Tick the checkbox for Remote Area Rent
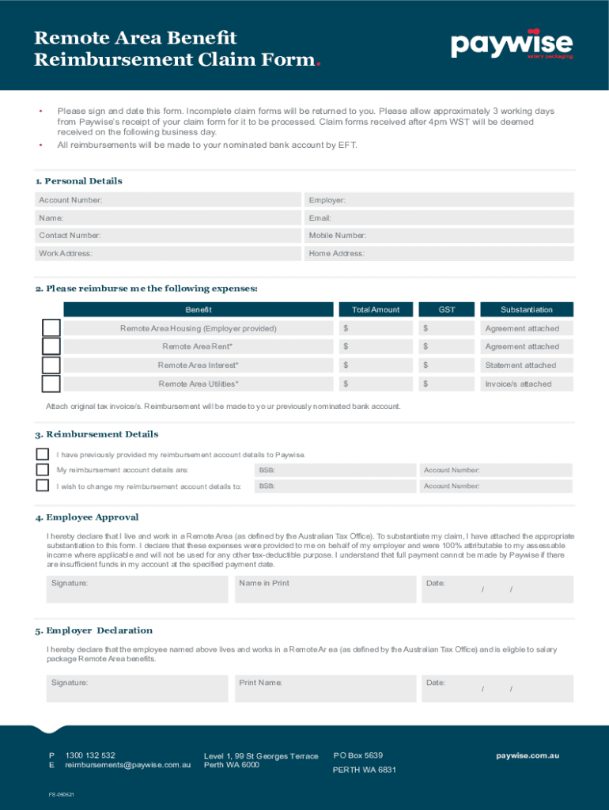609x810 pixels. click(51, 346)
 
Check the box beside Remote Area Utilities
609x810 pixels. click(51, 384)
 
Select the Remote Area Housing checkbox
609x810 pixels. click(51, 327)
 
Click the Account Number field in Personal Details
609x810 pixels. click(168, 201)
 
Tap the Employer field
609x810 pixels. click(438, 201)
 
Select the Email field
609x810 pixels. click(438, 218)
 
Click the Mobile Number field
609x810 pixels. click(438, 236)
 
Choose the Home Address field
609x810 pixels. click(438, 254)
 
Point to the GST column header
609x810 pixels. click(447, 309)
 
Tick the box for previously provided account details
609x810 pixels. click(43, 455)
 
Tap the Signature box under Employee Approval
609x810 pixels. click(138, 589)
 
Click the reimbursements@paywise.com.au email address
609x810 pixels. click(128, 766)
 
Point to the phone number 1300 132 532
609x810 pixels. click(90, 755)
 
